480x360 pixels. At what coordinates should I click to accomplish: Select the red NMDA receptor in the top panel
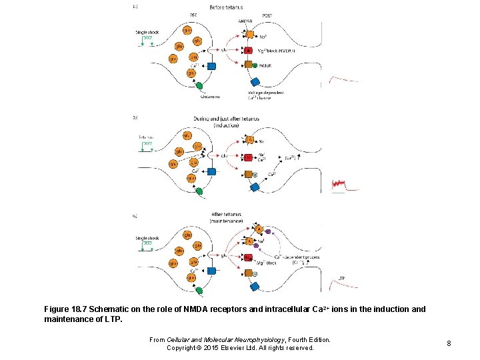click(248, 50)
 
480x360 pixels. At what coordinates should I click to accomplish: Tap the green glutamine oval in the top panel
click(199, 85)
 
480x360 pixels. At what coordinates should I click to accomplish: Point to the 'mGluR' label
click(268, 65)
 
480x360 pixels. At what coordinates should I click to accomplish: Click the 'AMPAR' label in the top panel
click(245, 21)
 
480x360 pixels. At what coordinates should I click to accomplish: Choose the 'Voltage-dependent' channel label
click(265, 92)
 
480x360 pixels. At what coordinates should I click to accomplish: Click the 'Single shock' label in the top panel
click(147, 32)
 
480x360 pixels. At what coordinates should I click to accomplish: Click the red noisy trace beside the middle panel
click(340, 183)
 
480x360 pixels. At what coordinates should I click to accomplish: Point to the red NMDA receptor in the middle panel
click(248, 158)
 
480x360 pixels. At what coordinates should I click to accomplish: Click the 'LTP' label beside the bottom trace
click(341, 277)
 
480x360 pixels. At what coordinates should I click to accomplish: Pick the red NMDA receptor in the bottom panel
click(248, 257)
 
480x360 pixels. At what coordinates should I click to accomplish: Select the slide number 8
click(449, 343)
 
